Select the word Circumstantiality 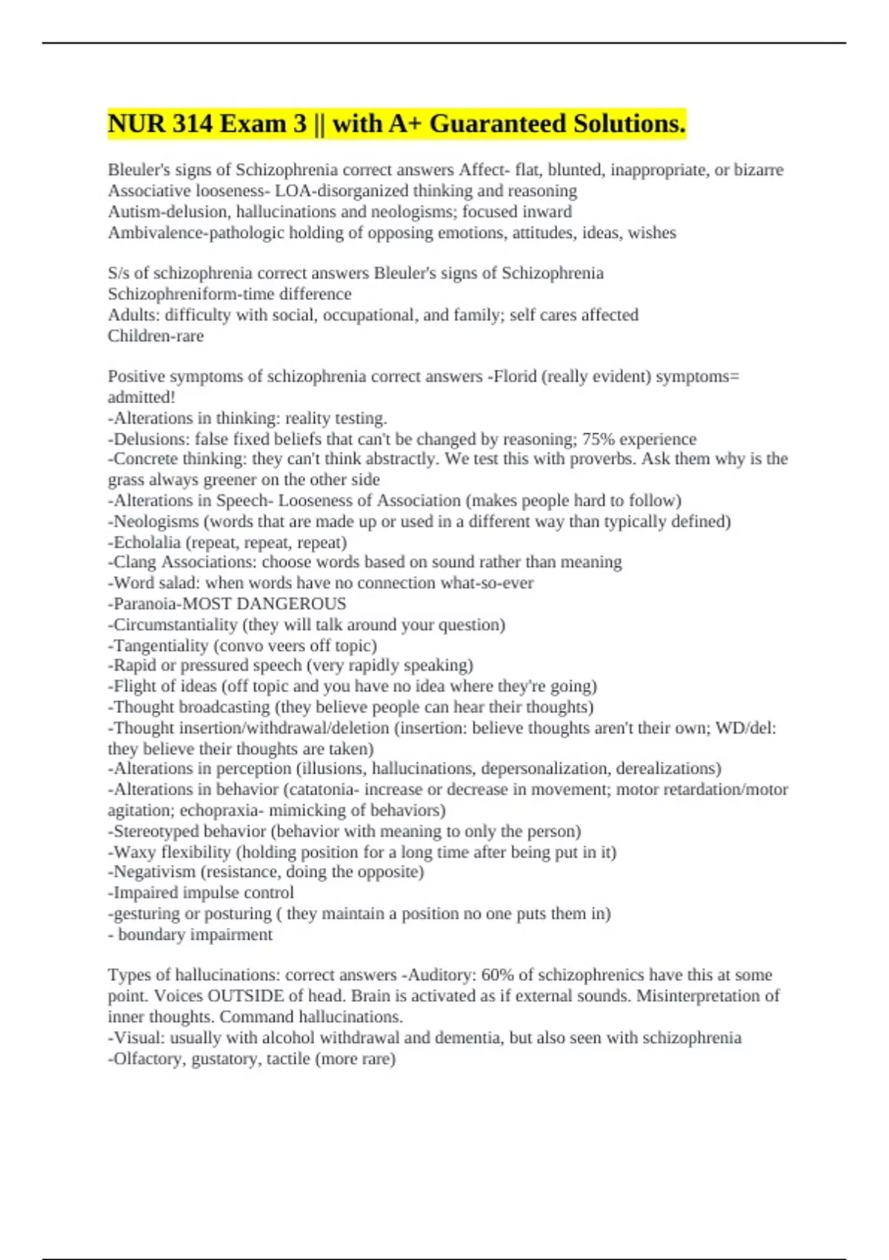click(175, 624)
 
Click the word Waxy click(134, 852)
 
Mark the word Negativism click(154, 872)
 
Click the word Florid click(513, 377)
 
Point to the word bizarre click(759, 170)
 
